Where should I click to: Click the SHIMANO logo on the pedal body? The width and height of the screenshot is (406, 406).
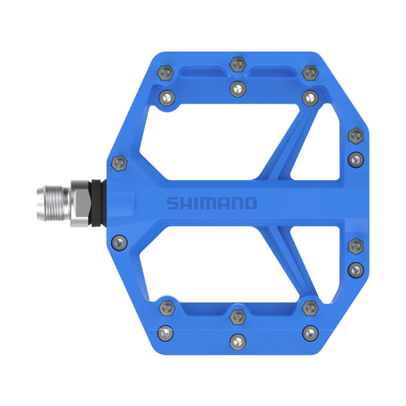(212, 203)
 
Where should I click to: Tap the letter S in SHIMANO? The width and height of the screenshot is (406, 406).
(173, 203)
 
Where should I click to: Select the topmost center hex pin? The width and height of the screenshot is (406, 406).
(236, 64)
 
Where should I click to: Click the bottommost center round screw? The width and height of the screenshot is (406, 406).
(236, 340)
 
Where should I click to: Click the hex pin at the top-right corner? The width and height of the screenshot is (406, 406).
(309, 72)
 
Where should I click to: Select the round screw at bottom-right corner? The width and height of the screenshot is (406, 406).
(309, 332)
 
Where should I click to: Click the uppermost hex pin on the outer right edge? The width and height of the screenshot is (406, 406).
(354, 135)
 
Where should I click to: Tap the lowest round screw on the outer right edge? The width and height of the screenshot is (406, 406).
(354, 269)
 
